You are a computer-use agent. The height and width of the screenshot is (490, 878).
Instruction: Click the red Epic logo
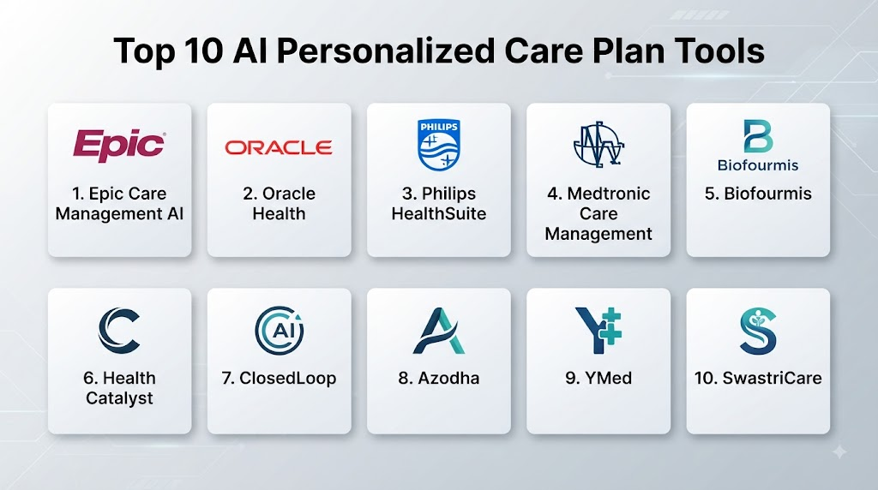pyautogui.click(x=119, y=146)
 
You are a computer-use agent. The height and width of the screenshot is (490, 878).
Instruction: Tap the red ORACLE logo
pyautogui.click(x=279, y=147)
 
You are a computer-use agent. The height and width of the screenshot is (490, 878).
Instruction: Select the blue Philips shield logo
pyautogui.click(x=439, y=144)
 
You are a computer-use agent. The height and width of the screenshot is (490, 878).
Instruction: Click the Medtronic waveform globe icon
pyautogui.click(x=598, y=144)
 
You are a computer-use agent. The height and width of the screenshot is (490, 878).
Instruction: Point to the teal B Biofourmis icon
pyautogui.click(x=758, y=136)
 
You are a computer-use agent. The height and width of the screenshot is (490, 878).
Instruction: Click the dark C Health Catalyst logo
pyautogui.click(x=119, y=331)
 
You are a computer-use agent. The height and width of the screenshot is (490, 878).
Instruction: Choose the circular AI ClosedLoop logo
pyautogui.click(x=280, y=331)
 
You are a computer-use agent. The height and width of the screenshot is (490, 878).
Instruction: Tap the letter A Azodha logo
pyautogui.click(x=439, y=331)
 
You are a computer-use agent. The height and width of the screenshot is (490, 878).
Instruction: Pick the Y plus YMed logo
pyautogui.click(x=598, y=331)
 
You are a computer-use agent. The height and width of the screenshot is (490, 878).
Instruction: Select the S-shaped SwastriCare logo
pyautogui.click(x=758, y=331)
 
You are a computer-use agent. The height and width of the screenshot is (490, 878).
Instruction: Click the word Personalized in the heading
pyautogui.click(x=386, y=51)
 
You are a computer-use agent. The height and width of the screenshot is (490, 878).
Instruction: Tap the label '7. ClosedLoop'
pyautogui.click(x=279, y=378)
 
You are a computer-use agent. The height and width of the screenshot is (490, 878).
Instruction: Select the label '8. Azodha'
pyautogui.click(x=439, y=378)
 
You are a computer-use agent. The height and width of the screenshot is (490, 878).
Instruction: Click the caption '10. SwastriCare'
pyautogui.click(x=758, y=378)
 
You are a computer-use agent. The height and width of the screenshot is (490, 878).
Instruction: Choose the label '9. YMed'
pyautogui.click(x=598, y=378)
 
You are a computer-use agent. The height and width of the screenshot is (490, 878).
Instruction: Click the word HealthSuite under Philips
pyautogui.click(x=439, y=213)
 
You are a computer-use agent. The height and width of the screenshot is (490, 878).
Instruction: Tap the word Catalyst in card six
pyautogui.click(x=119, y=398)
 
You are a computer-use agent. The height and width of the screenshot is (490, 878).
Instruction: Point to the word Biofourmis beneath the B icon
pyautogui.click(x=758, y=165)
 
